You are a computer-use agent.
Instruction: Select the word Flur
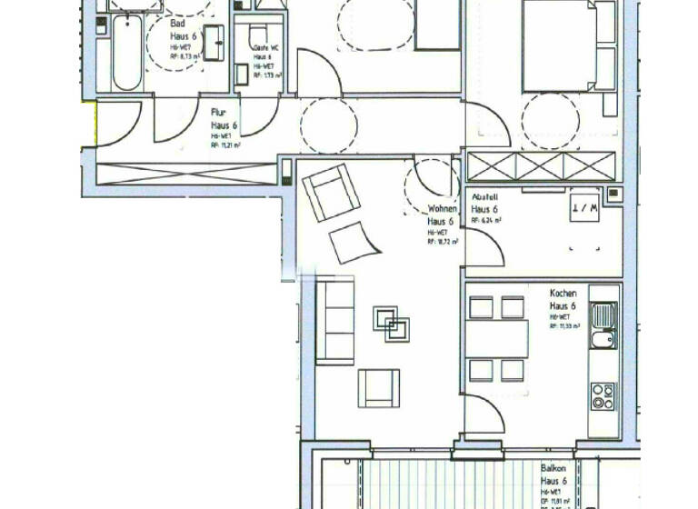click(218, 114)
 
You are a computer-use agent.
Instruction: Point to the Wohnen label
click(442, 209)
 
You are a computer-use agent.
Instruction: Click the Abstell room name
click(484, 197)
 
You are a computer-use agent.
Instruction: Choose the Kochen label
click(563, 294)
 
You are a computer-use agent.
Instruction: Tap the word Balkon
click(553, 469)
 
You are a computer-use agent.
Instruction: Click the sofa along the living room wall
click(334, 322)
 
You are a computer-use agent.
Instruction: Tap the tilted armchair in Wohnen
click(330, 193)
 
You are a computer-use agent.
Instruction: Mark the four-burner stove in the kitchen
click(603, 396)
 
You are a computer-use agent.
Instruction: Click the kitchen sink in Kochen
click(602, 327)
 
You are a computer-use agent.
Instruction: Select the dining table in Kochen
click(497, 338)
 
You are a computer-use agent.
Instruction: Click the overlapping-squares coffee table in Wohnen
click(392, 324)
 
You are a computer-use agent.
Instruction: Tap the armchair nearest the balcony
click(378, 388)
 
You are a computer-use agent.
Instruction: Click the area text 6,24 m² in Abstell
click(487, 220)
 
